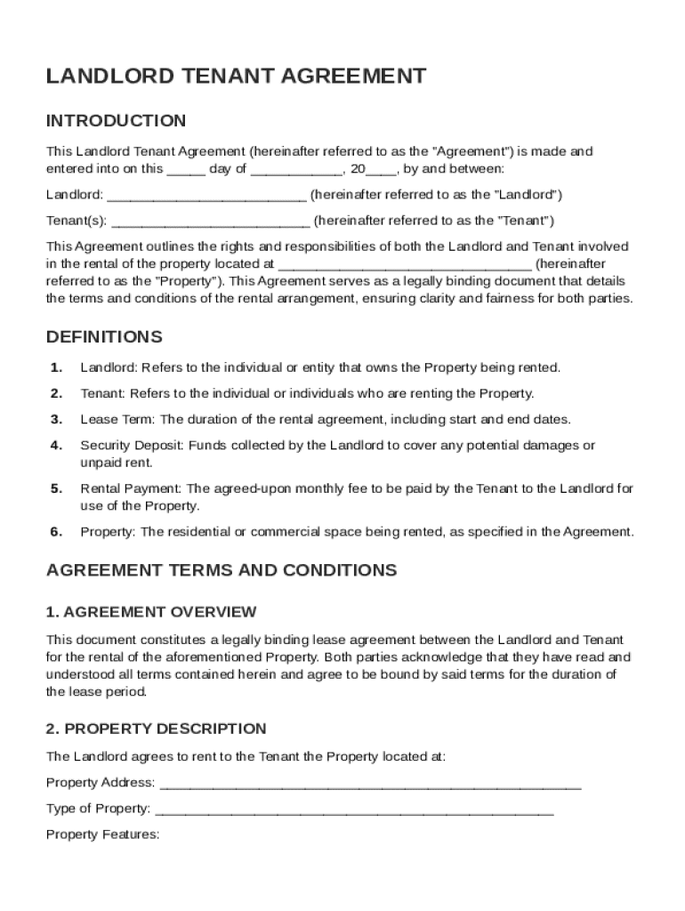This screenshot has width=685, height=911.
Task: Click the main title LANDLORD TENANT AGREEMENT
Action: point(236,77)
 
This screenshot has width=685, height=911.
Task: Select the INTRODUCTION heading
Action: point(116,121)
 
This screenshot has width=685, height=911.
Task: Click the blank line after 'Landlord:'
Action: point(206,195)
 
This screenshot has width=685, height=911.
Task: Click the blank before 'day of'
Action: point(186,169)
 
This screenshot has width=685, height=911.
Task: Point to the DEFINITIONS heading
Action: point(104,337)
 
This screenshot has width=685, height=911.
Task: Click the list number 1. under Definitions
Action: point(56,367)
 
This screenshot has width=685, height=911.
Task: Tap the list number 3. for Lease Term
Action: point(56,420)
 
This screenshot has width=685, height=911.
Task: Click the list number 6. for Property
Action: point(56,533)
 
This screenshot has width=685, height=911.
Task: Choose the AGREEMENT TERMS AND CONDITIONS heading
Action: point(222,570)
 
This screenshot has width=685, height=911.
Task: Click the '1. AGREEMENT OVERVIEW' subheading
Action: point(151,612)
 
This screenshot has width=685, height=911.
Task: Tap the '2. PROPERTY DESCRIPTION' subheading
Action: point(156,729)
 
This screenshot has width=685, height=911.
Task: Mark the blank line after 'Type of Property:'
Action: point(354,810)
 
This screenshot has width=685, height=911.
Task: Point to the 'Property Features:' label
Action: point(102,835)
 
